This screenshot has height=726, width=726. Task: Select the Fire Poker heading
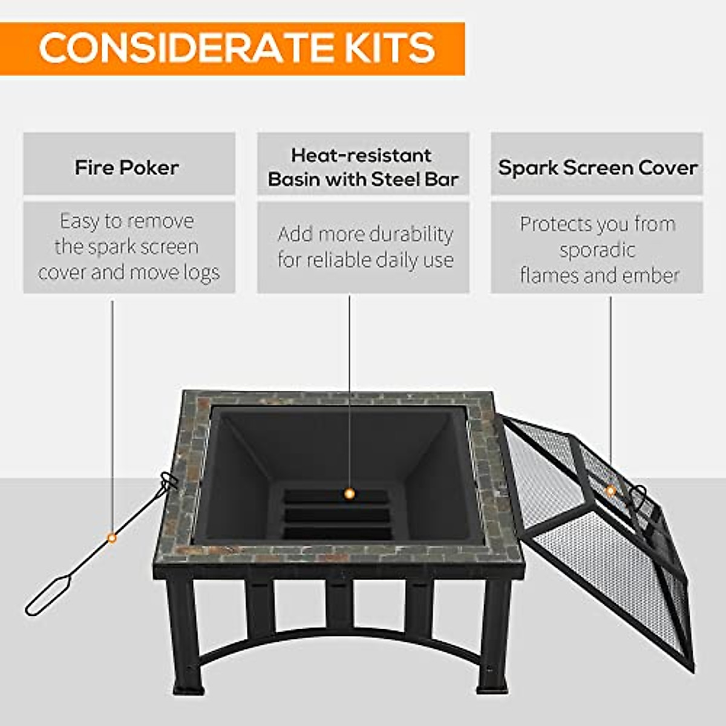pos(126,168)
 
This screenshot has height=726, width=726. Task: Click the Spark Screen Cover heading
pos(597,168)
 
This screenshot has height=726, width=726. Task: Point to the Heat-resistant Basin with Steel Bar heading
pos(362,167)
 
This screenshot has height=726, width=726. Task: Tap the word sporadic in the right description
pos(597,250)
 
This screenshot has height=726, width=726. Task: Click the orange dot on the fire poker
pos(111,537)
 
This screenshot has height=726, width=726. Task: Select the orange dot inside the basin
pos(348,494)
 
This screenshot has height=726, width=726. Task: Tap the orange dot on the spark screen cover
pos(610,491)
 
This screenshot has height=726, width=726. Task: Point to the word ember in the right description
pos(654,276)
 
